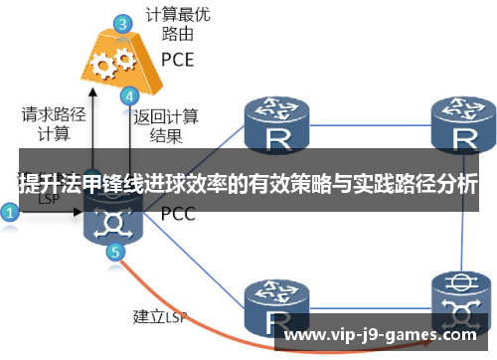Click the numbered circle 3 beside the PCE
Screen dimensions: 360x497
121,21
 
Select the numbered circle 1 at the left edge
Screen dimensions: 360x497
10,212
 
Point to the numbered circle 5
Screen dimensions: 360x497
115,252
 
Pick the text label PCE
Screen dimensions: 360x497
178,59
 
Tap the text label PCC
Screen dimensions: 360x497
178,214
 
